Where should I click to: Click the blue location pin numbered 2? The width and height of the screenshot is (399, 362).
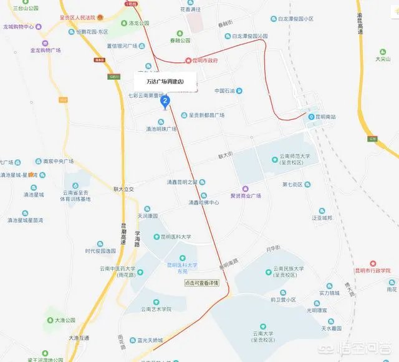pos(165,101)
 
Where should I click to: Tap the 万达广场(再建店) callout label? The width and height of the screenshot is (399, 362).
pos(165,82)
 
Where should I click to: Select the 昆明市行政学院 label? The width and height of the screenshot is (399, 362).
pos(373,270)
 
